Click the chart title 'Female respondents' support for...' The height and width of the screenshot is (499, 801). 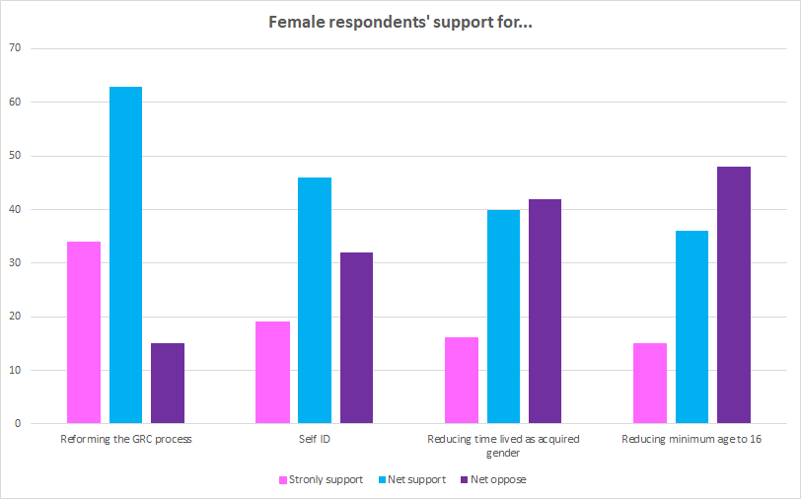click(400, 22)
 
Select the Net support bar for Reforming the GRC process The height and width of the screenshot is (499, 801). click(125, 255)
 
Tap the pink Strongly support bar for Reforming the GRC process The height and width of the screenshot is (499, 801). click(84, 332)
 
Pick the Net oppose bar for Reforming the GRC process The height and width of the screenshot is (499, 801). click(168, 384)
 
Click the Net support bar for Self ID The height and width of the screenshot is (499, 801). click(315, 301)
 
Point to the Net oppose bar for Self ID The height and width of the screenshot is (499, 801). click(356, 338)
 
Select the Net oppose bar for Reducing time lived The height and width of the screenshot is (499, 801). click(545, 312)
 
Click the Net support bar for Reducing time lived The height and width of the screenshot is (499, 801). click(503, 317)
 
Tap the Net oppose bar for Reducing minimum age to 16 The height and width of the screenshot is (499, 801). click(734, 296)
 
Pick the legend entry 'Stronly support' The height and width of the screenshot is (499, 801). click(320, 480)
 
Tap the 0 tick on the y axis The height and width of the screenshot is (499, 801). click(17, 424)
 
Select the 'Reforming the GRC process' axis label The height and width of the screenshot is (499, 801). click(125, 439)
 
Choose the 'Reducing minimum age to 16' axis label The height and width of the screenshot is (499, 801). click(692, 439)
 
